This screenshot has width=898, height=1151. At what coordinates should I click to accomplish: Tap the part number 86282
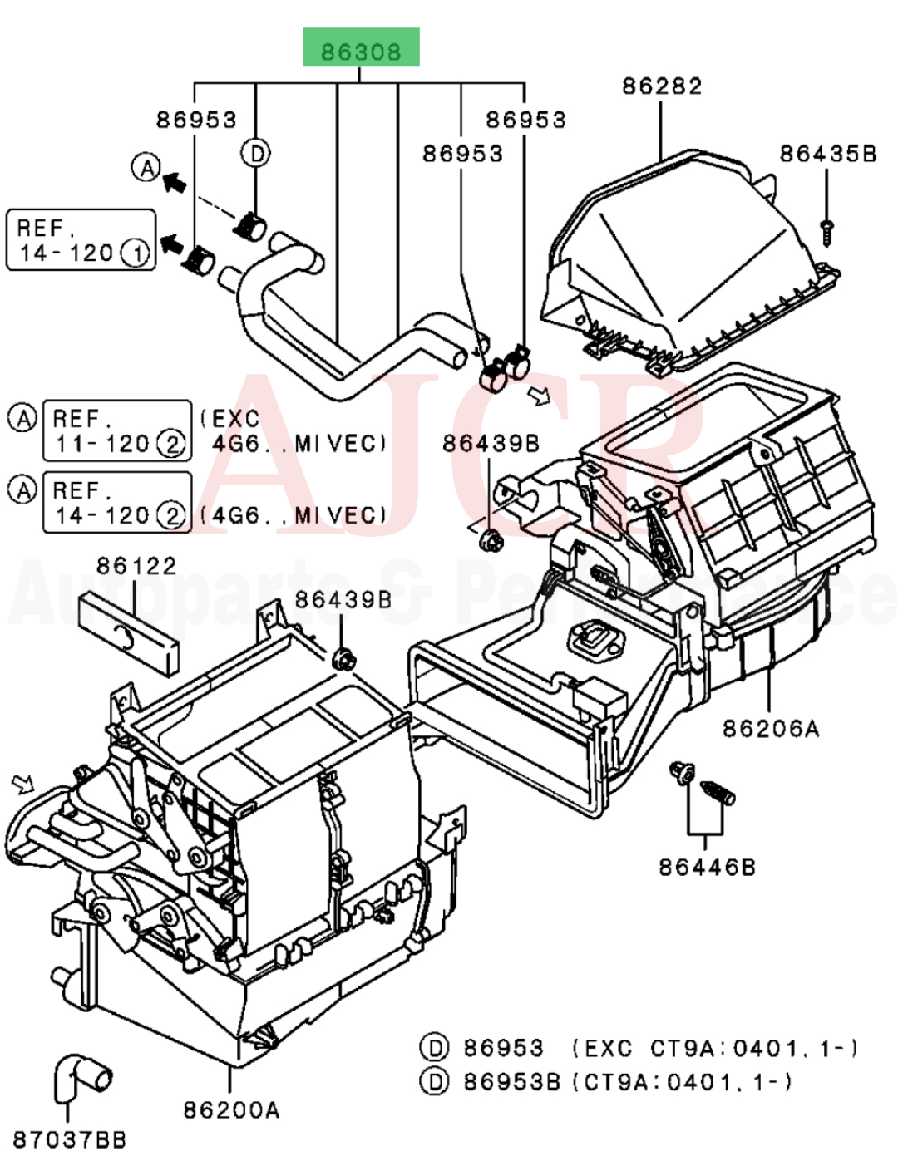point(662,86)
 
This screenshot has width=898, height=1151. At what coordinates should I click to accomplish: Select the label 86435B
point(827,154)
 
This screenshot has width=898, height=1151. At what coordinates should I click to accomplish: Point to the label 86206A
point(771,729)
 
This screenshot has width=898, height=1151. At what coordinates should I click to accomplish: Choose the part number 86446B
point(708,868)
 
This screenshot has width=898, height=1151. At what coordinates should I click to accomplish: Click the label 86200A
point(231,1109)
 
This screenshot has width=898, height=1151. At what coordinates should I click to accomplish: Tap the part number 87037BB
point(70,1139)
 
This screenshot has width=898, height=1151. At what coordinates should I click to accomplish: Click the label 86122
point(136,566)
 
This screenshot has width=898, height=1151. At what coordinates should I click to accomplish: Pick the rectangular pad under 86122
point(129,629)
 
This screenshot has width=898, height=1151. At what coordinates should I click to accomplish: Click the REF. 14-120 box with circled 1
point(81,240)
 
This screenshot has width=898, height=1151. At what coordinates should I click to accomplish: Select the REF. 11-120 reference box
point(117,431)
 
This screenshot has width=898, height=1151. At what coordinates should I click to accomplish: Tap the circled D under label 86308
point(257,153)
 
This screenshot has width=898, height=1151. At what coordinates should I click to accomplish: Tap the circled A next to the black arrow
point(146,168)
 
